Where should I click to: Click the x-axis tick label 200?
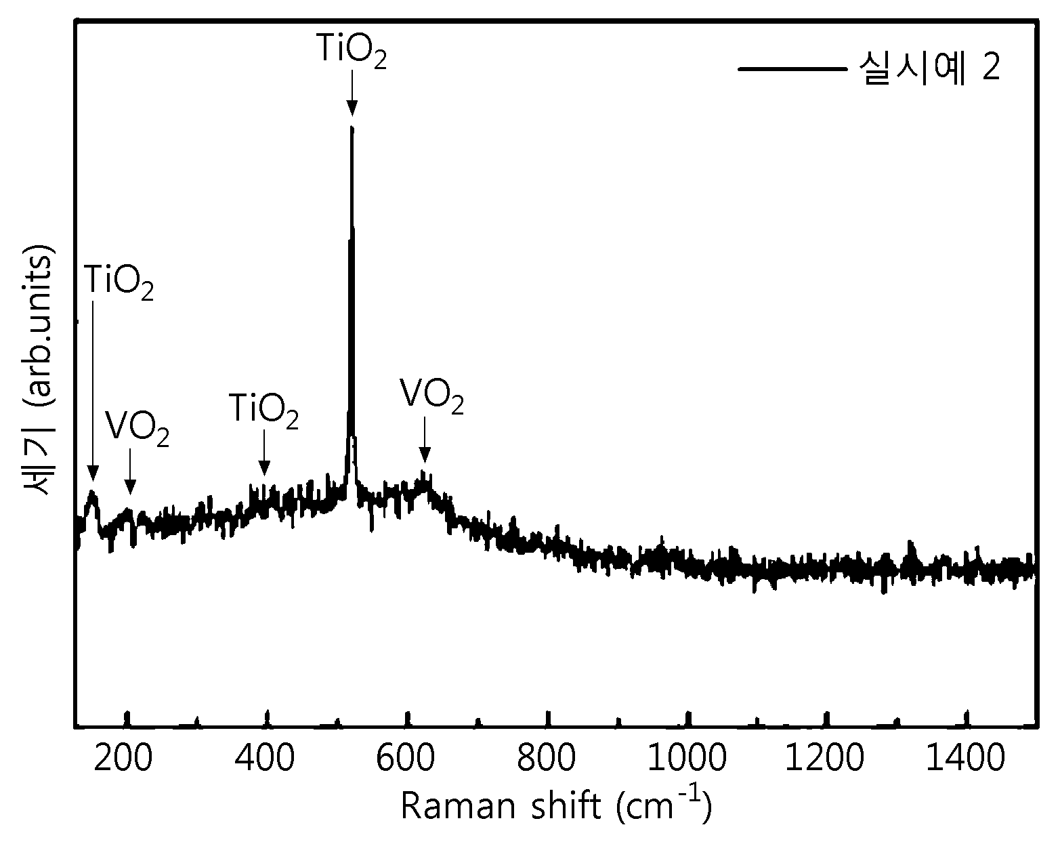[x=123, y=758]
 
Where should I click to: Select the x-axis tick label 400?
[x=265, y=758]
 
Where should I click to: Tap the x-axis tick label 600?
[x=405, y=758]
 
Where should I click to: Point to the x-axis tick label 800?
[x=546, y=758]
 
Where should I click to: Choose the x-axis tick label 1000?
[x=686, y=758]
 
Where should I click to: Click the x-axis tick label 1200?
[x=824, y=758]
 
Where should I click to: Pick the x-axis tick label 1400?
[x=965, y=758]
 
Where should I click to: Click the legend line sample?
[x=792, y=69]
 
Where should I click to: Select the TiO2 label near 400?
[x=263, y=410]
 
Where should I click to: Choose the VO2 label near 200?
[x=137, y=429]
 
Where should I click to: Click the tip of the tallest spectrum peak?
[x=352, y=127]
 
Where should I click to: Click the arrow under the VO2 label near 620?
[x=425, y=440]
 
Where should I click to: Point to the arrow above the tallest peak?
[x=352, y=93]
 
